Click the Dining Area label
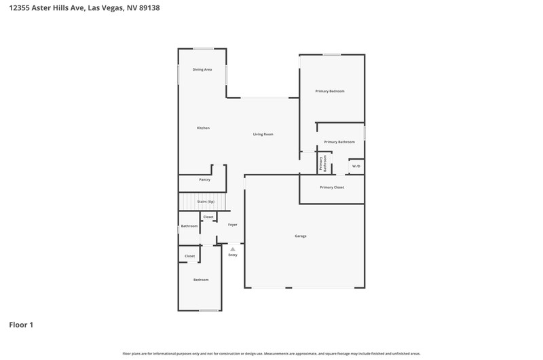202,70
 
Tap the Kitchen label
203,128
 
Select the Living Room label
263,134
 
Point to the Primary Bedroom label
330,91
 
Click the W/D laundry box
356,166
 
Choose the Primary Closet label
332,187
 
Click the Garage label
301,236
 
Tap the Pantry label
205,180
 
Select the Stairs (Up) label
206,202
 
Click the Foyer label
233,225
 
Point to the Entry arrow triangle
233,249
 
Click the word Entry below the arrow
233,255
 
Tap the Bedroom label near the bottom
201,280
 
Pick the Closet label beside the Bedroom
190,256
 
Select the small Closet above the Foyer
208,217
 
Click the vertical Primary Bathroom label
323,163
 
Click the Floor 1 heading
21,325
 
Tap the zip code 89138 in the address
149,8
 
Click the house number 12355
20,8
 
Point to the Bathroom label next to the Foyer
189,226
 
